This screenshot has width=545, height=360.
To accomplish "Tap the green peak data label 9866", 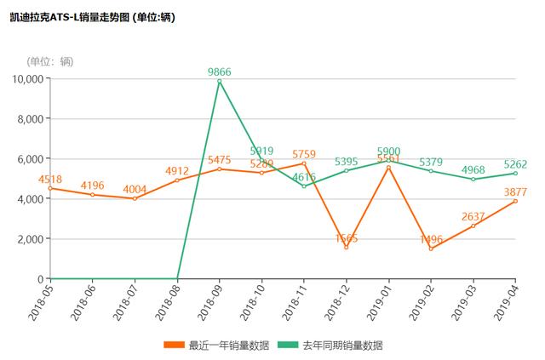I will coord(220,72).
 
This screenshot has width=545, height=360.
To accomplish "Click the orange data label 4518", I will coord(50,179).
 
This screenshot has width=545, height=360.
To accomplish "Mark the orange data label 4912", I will coord(177,171).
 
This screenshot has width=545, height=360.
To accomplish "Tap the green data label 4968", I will coord(473,170).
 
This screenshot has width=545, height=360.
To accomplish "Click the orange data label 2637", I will coord(473,216).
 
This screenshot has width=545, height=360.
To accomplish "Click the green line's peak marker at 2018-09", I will coord(220,82).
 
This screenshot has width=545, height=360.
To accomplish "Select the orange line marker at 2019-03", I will coord(473,226).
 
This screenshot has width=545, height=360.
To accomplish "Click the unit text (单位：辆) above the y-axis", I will coord(50,60).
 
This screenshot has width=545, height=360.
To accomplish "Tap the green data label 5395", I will coord(346,162).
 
